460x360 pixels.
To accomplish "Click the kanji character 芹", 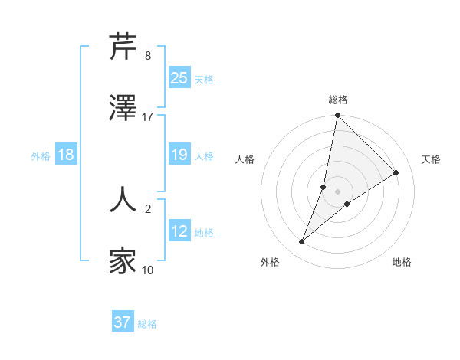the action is pos(123,47).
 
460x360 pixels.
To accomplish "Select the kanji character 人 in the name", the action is pos(123,198).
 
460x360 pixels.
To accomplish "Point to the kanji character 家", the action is pos(123,261).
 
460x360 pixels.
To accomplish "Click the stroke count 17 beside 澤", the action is pos(148,117).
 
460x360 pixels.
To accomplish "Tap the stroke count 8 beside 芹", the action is pos(148,56).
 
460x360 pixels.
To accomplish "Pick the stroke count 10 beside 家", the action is pos(148,270).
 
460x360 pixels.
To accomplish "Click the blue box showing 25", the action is pos(179,77).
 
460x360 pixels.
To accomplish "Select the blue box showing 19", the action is pos(179,155).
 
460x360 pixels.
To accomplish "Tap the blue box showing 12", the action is pos(179,231).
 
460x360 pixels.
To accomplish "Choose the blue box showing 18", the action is pos(66,155).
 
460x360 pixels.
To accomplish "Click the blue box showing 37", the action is pos(123,322).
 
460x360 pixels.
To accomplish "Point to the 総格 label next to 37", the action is pos(147,324).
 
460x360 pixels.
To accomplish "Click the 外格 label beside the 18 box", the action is pos(41,156).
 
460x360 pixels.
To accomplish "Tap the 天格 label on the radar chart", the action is pos(431,159).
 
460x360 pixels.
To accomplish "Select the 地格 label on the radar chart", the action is pos(402,262).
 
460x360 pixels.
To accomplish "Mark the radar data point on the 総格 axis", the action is pos(337,116).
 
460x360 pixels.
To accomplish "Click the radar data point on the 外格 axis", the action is pos(302,242).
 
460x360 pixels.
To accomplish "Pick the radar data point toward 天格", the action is pos(396,172).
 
